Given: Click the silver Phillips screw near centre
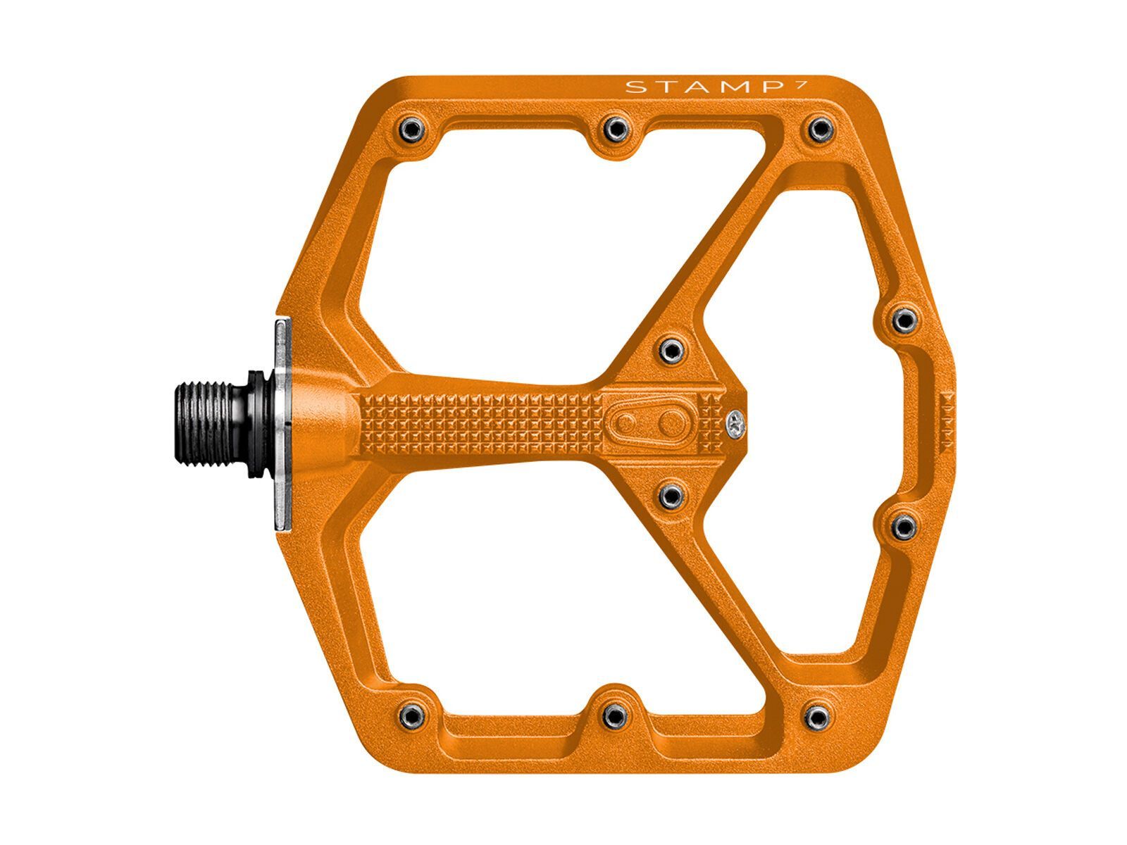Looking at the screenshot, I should coord(736,423).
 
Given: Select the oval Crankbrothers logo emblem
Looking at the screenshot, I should coord(648,423).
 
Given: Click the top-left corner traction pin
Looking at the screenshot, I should coord(411,128).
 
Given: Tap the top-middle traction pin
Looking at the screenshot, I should coord(616,127).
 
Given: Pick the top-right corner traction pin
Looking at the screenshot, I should coord(819,129).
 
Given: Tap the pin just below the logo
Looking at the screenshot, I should coord(672,495).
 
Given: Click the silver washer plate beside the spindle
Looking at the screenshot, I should coord(282,423).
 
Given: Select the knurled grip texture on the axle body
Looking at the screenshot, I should coord(479,423).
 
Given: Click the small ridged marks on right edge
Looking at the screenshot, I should coord(946,422).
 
